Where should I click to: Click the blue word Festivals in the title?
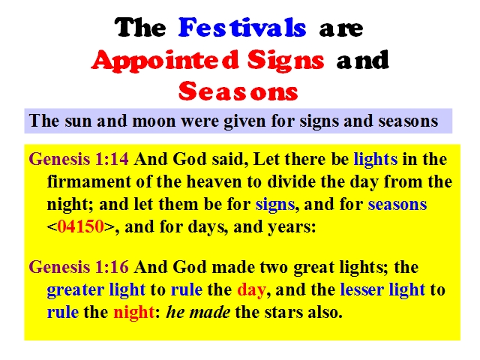[x=242, y=28]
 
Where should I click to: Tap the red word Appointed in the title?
[x=165, y=60]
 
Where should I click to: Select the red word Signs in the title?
[x=286, y=60]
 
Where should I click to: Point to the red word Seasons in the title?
[x=238, y=91]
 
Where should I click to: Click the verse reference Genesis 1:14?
[x=79, y=159]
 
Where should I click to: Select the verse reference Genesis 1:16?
[x=79, y=267]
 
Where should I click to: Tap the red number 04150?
[x=80, y=226]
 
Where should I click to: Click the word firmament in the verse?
[x=89, y=181]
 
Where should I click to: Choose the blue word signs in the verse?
[x=275, y=205]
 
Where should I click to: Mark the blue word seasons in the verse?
[x=397, y=205]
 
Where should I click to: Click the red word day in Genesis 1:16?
[x=251, y=290]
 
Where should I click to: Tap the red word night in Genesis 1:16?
[x=133, y=313]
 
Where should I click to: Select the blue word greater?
[x=75, y=290]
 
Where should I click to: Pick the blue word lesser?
[x=361, y=289]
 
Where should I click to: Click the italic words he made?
[x=198, y=312]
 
